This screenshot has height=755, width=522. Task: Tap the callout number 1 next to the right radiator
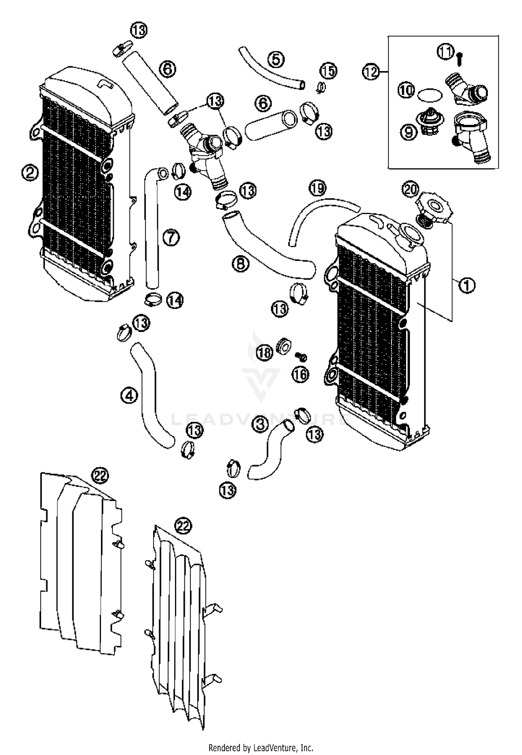click(x=467, y=285)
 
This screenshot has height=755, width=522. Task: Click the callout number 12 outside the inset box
click(x=370, y=72)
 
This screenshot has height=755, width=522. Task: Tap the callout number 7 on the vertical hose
click(x=171, y=238)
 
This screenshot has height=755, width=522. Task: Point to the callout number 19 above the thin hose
click(x=317, y=188)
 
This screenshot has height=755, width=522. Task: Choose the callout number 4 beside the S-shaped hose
click(x=129, y=396)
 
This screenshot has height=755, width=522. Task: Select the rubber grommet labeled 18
click(x=283, y=346)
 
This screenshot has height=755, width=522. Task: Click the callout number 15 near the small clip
click(x=329, y=71)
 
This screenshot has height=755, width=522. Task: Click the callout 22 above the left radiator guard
click(x=100, y=476)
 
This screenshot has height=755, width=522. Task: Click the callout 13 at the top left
click(x=139, y=30)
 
